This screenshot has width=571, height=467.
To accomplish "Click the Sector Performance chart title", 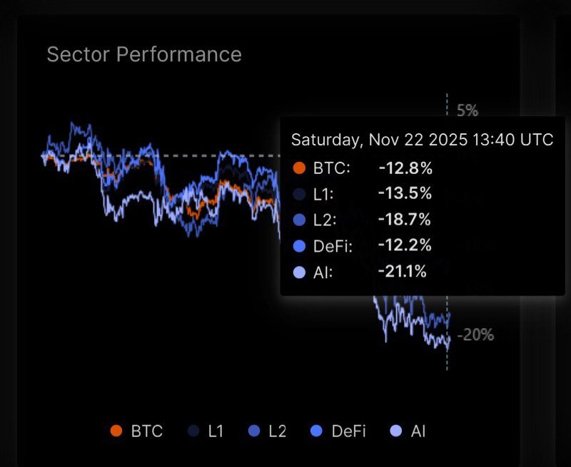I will coord(144,54).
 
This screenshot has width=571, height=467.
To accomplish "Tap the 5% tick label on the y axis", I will coord(467,111).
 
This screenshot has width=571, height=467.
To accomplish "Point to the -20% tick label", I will coord(475,334).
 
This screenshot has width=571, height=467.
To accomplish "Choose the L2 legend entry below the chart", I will coord(268,431).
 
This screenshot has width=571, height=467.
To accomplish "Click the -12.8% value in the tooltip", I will coord(405,168).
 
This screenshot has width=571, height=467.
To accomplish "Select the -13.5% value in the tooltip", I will coord(405,194).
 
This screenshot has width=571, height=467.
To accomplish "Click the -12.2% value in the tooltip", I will coord(405,245).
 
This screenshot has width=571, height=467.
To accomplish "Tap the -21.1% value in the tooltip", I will coord(403,271).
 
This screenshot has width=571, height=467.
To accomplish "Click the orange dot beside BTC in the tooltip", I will coord(299,168).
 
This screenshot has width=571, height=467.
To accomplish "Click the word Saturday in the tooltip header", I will coord(326,140).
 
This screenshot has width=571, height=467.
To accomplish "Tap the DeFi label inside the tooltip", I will coord(332,246).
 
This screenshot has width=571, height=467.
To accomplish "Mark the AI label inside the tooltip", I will coord(321,272).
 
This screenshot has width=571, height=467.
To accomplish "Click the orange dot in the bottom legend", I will coord(116,431).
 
